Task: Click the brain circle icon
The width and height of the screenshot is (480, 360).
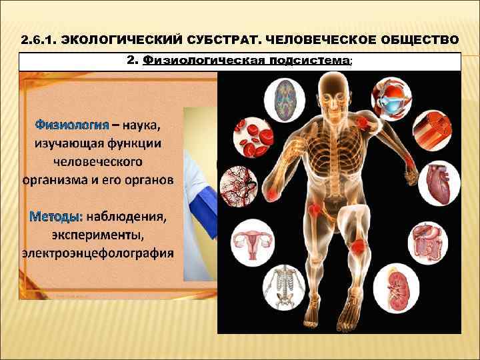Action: click(x=284, y=99)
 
